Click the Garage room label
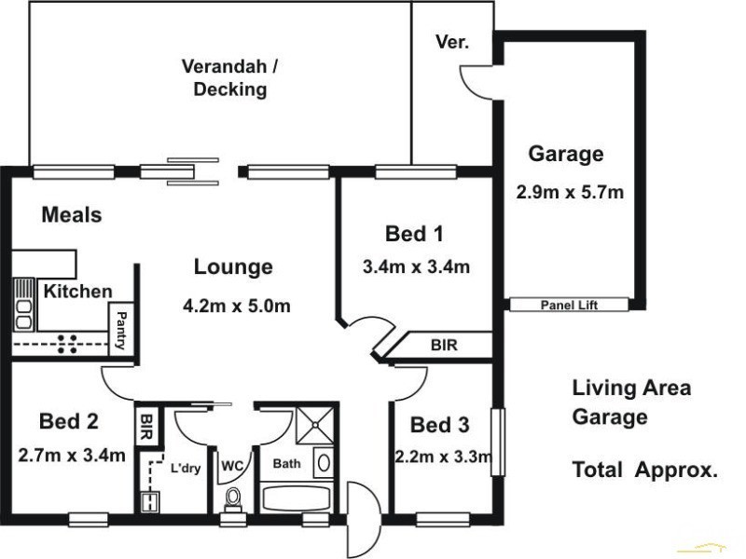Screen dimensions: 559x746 coord(566,155)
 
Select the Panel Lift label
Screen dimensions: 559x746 coord(570,305)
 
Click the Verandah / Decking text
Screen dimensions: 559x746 coord(224,78)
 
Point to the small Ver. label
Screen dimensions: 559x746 coord(452,43)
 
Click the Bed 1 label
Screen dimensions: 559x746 coord(415,233)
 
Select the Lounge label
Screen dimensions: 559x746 coord(233,267)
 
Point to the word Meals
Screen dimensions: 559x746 coord(72,215)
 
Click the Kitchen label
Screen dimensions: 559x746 coord(78,292)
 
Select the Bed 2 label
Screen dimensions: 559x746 coord(69,421)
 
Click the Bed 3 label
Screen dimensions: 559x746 coord(440,426)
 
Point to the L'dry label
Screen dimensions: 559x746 coord(185,468)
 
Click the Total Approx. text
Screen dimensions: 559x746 coord(644,471)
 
